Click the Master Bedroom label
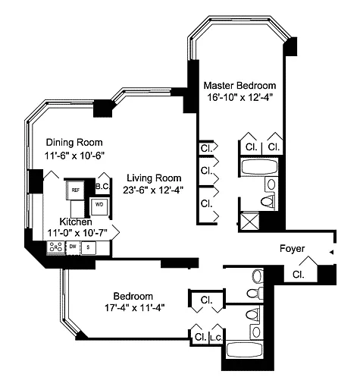coord(239,86)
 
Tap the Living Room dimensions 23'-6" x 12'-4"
coord(153,190)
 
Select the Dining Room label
coord(74,143)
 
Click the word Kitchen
coord(76,222)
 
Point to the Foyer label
coord(292,249)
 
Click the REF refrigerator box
coord(75,190)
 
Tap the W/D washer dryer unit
coord(99,205)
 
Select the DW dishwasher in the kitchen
coord(73,247)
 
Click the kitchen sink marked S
coord(88,247)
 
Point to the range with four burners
coord(56,247)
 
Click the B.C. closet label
coord(102,187)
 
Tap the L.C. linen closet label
coord(216,338)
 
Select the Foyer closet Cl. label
coord(299,275)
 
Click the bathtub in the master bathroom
coord(259,167)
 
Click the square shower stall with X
coord(249,222)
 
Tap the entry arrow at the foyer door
coord(331,252)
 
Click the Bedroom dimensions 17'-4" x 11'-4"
coord(135,308)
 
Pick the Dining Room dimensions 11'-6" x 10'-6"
coord(74,156)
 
